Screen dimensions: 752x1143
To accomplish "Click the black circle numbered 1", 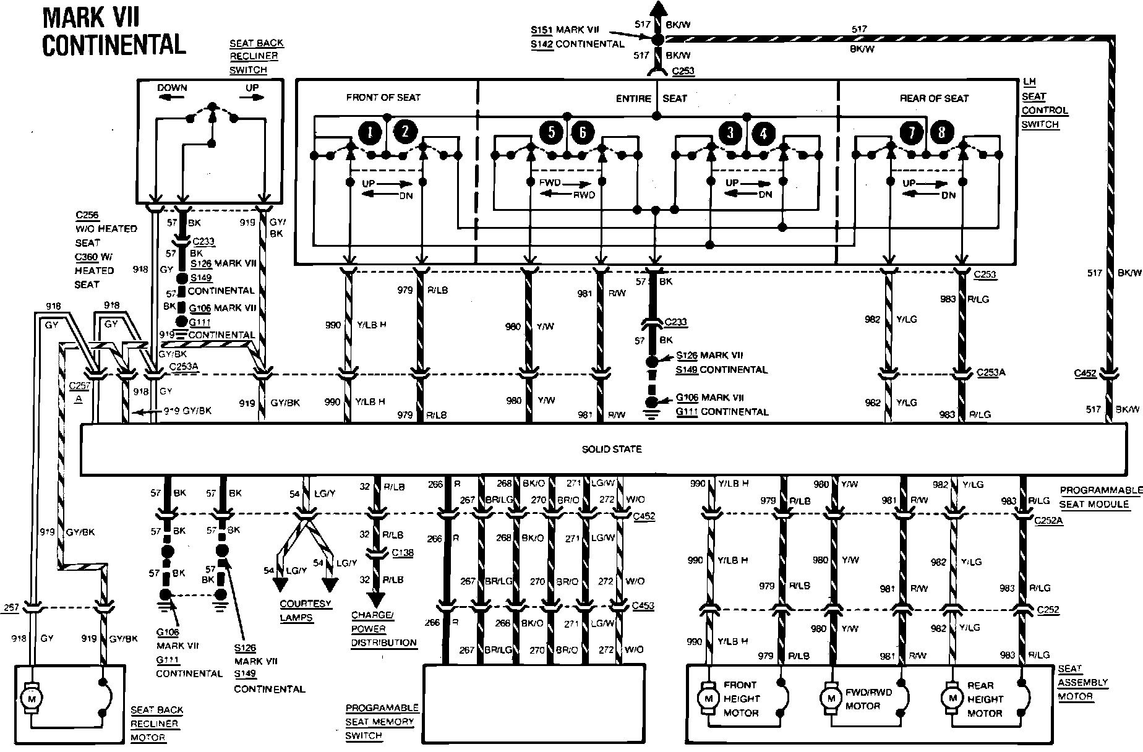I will tap(370, 132).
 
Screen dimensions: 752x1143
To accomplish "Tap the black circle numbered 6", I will tap(583, 132).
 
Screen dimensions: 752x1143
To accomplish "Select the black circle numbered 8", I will tap(941, 132).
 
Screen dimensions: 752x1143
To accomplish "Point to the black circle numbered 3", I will tap(730, 132).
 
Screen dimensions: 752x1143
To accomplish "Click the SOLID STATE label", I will tap(611, 449).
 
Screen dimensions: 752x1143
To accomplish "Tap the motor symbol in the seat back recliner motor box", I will tap(30, 698).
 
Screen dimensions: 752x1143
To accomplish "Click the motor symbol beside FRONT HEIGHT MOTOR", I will tap(706, 698).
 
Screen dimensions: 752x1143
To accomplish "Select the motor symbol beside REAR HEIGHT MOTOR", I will tap(953, 698).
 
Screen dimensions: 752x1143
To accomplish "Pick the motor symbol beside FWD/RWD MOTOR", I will tap(829, 698).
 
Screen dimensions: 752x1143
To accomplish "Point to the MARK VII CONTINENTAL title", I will tap(114, 32).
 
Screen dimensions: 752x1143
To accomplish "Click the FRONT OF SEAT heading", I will tap(383, 97).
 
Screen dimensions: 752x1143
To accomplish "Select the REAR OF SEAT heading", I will tap(933, 98).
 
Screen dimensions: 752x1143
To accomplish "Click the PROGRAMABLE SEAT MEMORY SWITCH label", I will tap(381, 722).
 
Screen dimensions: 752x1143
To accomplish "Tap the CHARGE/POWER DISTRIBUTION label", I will tap(383, 629).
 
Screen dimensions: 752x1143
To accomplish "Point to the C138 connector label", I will tap(402, 553).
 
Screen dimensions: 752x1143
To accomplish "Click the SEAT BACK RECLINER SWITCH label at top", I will tap(256, 56).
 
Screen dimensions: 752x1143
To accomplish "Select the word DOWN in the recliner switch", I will tap(172, 88).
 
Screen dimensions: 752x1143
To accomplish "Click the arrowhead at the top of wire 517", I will tap(657, 9).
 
